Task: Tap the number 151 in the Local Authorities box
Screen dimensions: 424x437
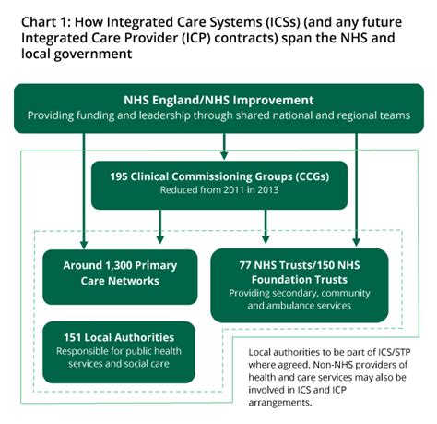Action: coord(75,336)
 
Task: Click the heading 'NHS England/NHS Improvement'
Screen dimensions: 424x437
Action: coord(218,100)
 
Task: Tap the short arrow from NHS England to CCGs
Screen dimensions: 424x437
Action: coord(223,146)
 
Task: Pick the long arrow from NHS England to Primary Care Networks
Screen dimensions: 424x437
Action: coord(85,185)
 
